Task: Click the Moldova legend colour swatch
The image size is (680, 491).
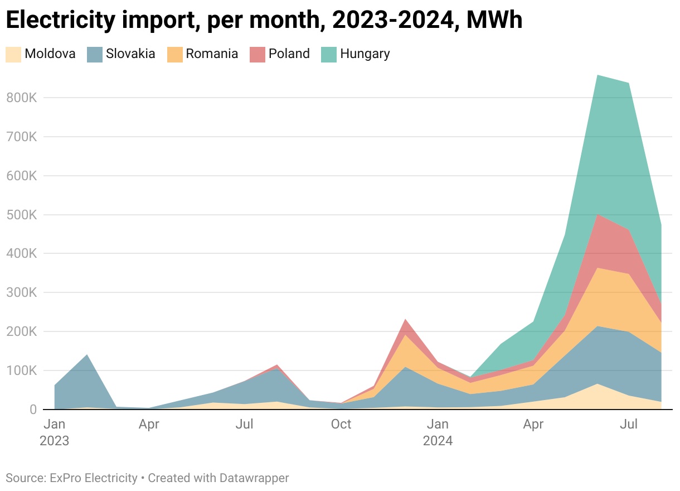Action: [13, 54]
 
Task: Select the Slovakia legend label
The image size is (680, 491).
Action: [130, 54]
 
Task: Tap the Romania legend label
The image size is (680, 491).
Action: [212, 54]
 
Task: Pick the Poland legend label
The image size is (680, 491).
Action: [289, 54]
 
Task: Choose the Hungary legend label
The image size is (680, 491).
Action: [365, 54]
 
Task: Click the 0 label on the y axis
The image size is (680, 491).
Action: [32, 410]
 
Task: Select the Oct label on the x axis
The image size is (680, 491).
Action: [341, 425]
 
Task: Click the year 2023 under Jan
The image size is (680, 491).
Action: [54, 441]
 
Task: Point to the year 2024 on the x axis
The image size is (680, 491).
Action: [438, 441]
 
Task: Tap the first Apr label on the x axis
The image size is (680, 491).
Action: [149, 425]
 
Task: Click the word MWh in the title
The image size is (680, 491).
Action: [494, 21]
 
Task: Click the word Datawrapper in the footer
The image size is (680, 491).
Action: [254, 478]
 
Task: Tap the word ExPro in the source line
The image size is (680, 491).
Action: [65, 478]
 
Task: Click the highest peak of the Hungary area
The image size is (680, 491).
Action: [597, 75]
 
